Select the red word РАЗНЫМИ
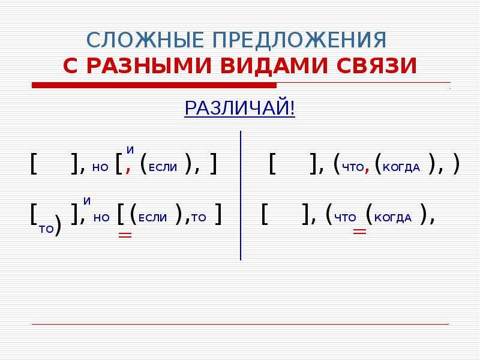(149, 65)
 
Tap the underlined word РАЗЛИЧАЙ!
(239, 108)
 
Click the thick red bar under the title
(154, 85)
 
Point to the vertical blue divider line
(241, 196)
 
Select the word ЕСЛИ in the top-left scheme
(163, 167)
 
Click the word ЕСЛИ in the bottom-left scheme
(153, 218)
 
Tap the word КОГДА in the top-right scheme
(401, 167)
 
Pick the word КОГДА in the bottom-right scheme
(393, 218)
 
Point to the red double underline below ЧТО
(359, 232)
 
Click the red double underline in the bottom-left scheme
(125, 235)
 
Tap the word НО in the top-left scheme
(100, 167)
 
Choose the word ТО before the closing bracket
(199, 218)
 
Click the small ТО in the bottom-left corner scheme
(47, 229)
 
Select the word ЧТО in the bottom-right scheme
(346, 218)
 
